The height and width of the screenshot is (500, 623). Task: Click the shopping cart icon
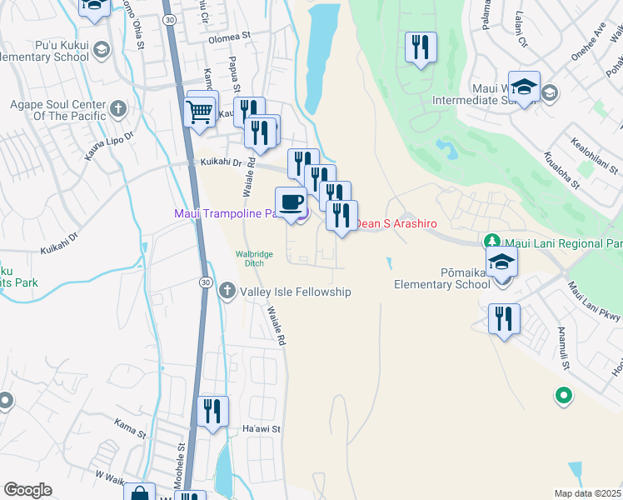[x=199, y=111]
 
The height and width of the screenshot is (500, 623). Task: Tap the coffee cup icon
[x=291, y=202]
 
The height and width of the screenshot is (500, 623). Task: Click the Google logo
[x=27, y=490]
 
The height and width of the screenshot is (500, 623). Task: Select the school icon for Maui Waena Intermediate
[x=524, y=87]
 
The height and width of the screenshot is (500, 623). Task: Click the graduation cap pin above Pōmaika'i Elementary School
[x=501, y=262]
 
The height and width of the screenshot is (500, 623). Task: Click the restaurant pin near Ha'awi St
[x=213, y=412]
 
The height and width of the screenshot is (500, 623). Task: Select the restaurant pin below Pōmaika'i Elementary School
[x=504, y=319]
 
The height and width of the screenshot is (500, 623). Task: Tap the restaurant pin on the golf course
[x=421, y=47]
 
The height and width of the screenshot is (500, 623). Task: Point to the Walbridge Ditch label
[x=255, y=258]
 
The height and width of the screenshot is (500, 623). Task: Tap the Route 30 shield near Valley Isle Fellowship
[x=205, y=283]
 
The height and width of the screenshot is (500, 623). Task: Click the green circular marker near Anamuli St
[x=564, y=395]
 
